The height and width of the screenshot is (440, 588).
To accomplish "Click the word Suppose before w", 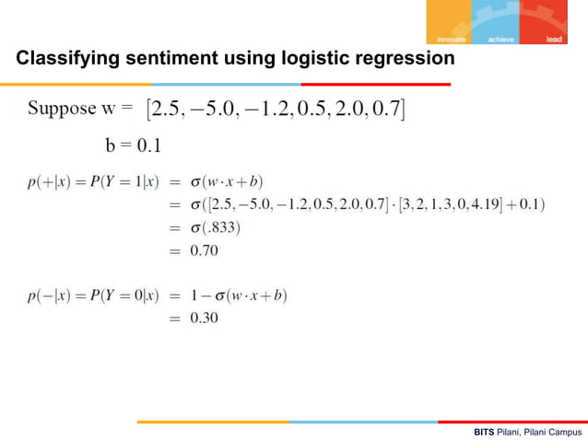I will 61,110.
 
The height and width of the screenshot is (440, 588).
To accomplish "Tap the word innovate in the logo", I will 452,40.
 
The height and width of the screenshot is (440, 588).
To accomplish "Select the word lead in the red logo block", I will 554,40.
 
